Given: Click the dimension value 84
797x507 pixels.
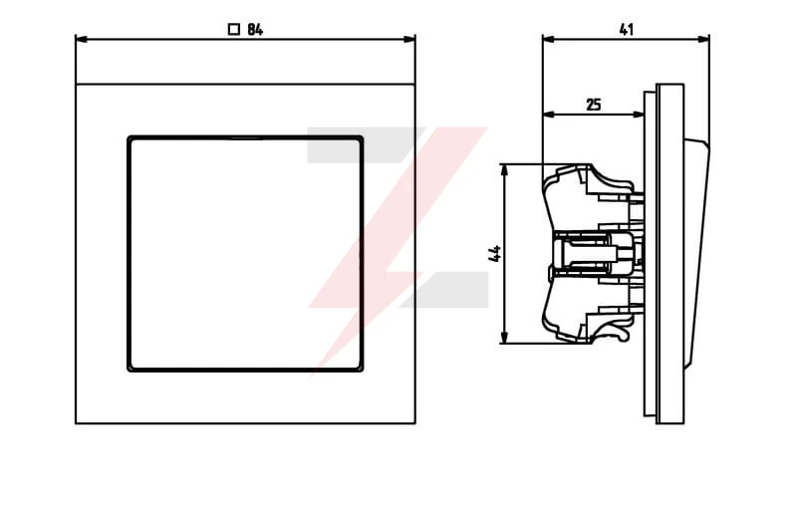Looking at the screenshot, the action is (x=255, y=30).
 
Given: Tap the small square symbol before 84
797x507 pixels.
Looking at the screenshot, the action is (x=234, y=30).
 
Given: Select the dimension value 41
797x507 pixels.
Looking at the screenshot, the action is (x=627, y=30).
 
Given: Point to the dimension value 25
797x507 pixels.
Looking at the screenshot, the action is (x=594, y=105).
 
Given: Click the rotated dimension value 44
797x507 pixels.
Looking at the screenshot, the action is (x=494, y=253).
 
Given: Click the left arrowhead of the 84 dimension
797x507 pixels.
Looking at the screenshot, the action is (x=82, y=39).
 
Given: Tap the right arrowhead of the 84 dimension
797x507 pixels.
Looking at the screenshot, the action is (x=409, y=39).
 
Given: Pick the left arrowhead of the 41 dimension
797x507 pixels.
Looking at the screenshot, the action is (x=549, y=39).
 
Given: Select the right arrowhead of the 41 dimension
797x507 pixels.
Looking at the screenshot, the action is (x=703, y=39).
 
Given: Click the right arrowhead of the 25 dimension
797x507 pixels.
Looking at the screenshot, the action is (x=638, y=115).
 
